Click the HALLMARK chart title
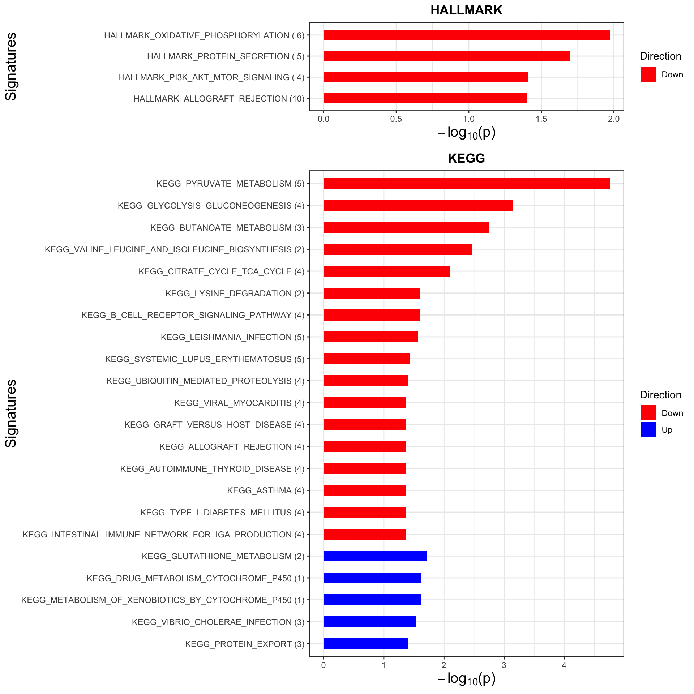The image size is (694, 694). coord(466,10)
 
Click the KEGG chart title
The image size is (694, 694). coord(466,158)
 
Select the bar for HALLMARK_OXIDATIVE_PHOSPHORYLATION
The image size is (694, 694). coord(466,35)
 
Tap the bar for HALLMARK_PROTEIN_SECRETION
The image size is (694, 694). coord(447,56)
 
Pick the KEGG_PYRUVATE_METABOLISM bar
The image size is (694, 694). coord(466,184)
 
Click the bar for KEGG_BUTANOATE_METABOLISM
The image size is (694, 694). coord(406,227)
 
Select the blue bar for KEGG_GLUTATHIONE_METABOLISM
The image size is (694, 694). coord(375,556)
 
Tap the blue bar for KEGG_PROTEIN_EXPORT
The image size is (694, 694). coord(365,644)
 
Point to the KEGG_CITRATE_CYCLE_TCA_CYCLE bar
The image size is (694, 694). coord(387,271)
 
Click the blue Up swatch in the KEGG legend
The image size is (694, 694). coord(648,429)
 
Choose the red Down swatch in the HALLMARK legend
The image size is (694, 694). coord(648,74)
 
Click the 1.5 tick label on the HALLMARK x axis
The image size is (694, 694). coord(541,119)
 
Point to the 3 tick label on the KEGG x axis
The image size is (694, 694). coord(504,665)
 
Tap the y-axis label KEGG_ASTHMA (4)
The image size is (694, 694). coord(266,490)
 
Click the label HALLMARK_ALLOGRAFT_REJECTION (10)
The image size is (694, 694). coord(219,99)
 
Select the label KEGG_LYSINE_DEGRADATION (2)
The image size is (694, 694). coord(235,294)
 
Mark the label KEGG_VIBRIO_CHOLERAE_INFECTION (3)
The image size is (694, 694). coord(218,622)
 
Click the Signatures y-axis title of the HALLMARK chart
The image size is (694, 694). coord(11,67)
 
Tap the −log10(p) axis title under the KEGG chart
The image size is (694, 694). coord(466,679)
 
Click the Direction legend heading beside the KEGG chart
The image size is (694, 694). coord(660,395)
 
